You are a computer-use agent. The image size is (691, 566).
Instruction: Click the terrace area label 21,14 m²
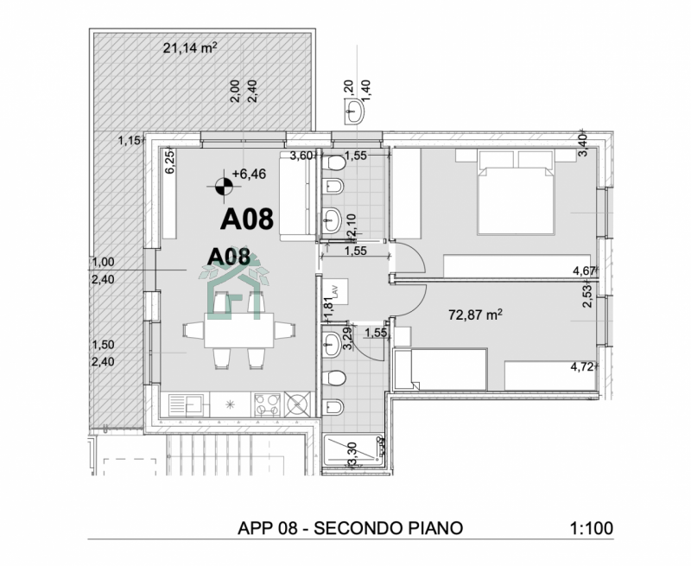point(189,48)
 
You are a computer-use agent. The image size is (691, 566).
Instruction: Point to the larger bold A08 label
point(246,219)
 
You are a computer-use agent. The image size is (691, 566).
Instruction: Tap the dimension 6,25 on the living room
point(170,162)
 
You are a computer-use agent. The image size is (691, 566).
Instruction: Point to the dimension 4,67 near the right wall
point(584,271)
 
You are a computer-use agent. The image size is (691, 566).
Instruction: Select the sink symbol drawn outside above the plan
point(356,109)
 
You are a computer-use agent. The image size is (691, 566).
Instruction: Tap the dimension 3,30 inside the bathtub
point(352,453)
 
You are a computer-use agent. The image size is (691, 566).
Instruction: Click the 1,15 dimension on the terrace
point(129,140)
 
